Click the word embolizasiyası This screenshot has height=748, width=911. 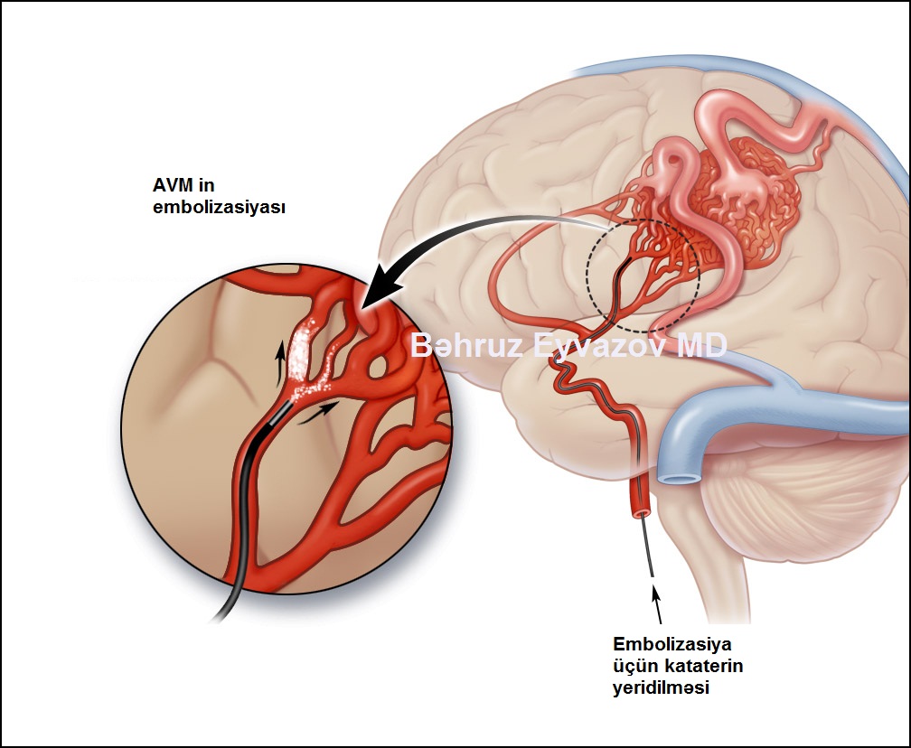[x=219, y=208]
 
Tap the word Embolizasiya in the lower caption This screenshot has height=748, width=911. [x=672, y=644]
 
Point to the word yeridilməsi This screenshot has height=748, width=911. [x=662, y=687]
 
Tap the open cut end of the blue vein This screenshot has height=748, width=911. [x=677, y=478]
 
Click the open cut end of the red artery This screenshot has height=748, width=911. [x=642, y=513]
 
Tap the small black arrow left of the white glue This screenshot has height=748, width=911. [x=281, y=362]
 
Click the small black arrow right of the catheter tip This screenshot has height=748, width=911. [x=316, y=412]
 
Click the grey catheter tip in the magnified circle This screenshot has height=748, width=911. [x=277, y=414]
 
